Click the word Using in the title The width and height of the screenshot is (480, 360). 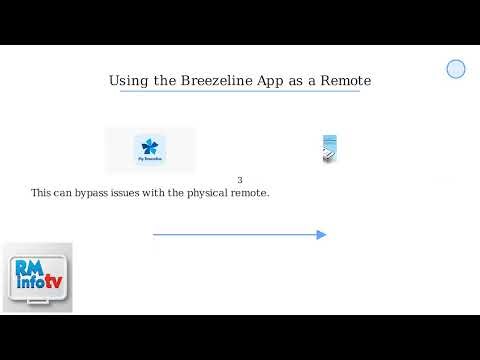[128, 80]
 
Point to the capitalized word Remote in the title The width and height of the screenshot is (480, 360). [346, 80]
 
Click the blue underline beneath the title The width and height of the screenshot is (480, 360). [240, 92]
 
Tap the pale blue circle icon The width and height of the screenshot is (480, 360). [456, 69]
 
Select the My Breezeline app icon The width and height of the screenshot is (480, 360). [150, 149]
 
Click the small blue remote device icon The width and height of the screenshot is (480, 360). [329, 149]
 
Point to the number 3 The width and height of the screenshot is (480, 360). [240, 180]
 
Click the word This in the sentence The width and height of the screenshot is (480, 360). [41, 192]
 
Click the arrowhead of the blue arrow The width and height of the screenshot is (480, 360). [322, 235]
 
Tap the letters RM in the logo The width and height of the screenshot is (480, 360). [29, 267]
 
